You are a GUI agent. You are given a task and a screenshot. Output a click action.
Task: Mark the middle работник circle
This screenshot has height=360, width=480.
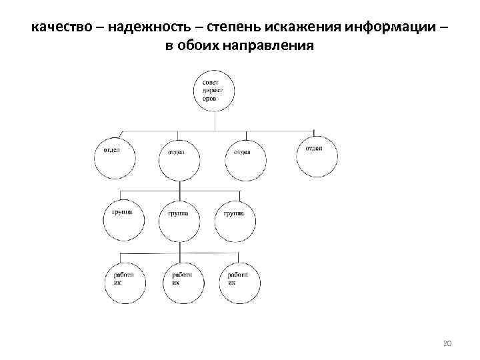click(x=182, y=283)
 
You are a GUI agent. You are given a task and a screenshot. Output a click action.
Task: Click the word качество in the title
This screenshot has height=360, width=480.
click(x=59, y=29)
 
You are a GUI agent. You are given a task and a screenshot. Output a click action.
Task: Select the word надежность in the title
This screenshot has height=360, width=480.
click(x=144, y=29)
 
